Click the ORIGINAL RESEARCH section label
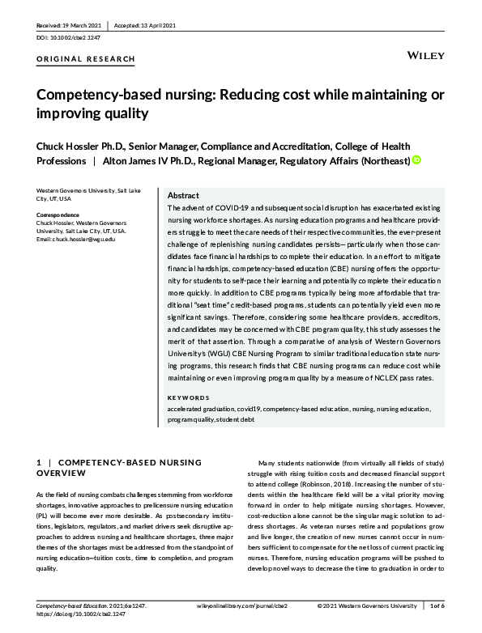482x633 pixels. (x=86, y=59)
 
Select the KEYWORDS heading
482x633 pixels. (x=187, y=397)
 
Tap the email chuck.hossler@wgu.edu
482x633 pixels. (x=76, y=239)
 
